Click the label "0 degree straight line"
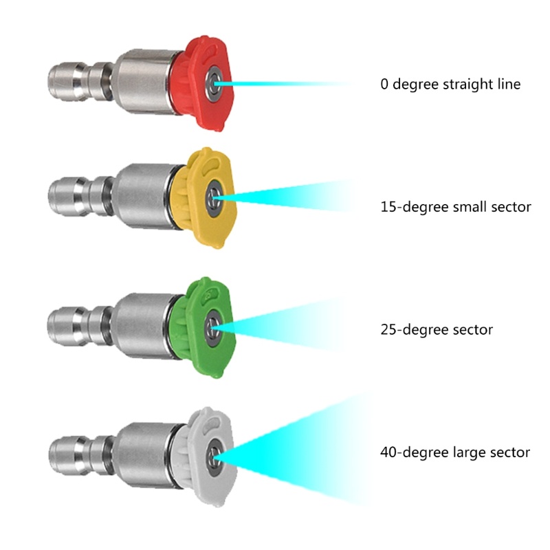pos(450,85)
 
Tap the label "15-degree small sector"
pos(455,206)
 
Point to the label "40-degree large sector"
pos(454,452)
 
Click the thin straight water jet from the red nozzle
pos(289,85)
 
